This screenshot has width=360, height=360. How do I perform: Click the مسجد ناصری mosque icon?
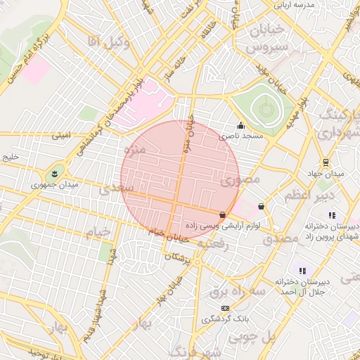pos(240,125)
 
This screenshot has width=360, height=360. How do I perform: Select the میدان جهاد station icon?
pos(326,162)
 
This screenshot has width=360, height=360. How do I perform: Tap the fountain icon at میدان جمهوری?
pos(52,173)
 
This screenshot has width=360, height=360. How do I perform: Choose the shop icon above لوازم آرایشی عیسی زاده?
pos(223,214)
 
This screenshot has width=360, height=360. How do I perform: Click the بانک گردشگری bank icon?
pos(225,308)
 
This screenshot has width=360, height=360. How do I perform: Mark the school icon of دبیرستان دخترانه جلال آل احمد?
pos(302,270)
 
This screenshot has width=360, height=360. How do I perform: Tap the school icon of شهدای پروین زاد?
pos(332,215)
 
